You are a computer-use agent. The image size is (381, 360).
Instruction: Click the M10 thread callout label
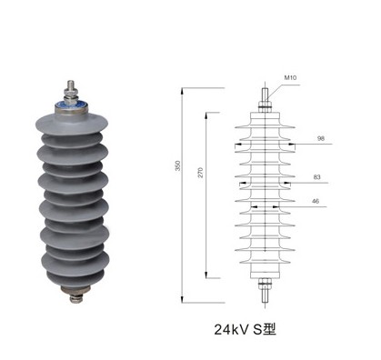(290, 77)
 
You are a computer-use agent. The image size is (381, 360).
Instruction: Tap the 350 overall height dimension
(178, 165)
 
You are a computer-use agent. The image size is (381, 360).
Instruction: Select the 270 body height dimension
(201, 172)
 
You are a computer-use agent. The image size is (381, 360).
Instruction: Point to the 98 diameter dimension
(321, 138)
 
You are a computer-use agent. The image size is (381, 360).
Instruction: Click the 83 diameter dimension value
(316, 177)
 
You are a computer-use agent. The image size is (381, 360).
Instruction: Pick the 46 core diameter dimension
(316, 201)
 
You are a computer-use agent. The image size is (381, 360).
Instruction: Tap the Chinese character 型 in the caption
(269, 329)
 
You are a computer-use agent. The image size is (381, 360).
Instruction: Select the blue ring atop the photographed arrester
(72, 105)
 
